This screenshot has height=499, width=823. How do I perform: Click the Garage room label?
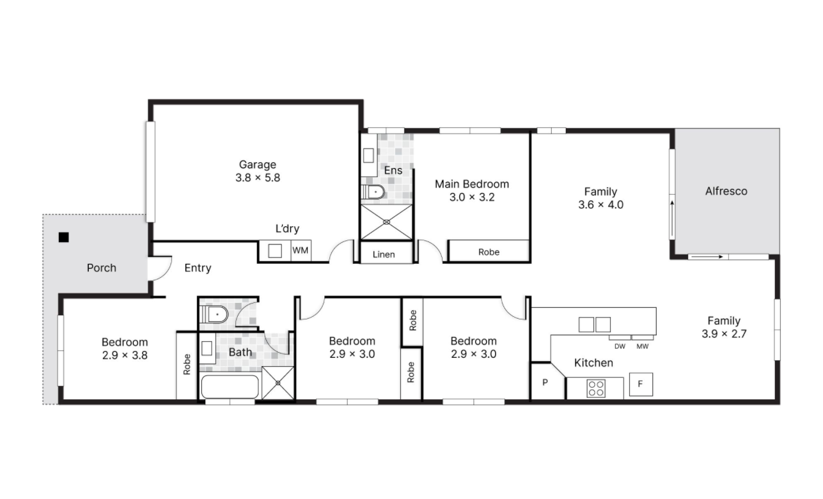tap(257, 164)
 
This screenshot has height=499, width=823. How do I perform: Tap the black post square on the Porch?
tap(63, 237)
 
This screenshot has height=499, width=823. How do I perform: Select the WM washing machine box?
tap(301, 250)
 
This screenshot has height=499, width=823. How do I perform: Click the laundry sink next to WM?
tap(275, 251)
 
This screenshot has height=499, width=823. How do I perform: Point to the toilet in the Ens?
tap(373, 192)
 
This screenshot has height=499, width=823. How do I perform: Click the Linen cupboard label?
tap(384, 254)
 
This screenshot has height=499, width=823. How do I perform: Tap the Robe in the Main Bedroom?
tap(489, 252)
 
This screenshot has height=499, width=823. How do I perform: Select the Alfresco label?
tap(726, 191)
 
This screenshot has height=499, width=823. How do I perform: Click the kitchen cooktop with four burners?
tap(596, 388)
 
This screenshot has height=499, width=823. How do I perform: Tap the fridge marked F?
tap(641, 384)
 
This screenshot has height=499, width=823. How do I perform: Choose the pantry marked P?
tap(545, 382)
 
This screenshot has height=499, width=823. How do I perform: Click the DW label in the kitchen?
tap(620, 346)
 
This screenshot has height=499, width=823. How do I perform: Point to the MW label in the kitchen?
tap(642, 346)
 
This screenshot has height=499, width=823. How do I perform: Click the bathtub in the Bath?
tap(230, 387)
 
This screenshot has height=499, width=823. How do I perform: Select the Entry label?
tap(198, 268)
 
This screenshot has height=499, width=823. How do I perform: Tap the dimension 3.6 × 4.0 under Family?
tap(600, 204)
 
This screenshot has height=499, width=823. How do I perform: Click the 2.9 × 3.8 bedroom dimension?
tap(125, 355)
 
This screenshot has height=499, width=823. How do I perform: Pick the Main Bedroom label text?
tap(472, 184)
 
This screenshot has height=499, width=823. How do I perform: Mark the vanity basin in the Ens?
tap(368, 155)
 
